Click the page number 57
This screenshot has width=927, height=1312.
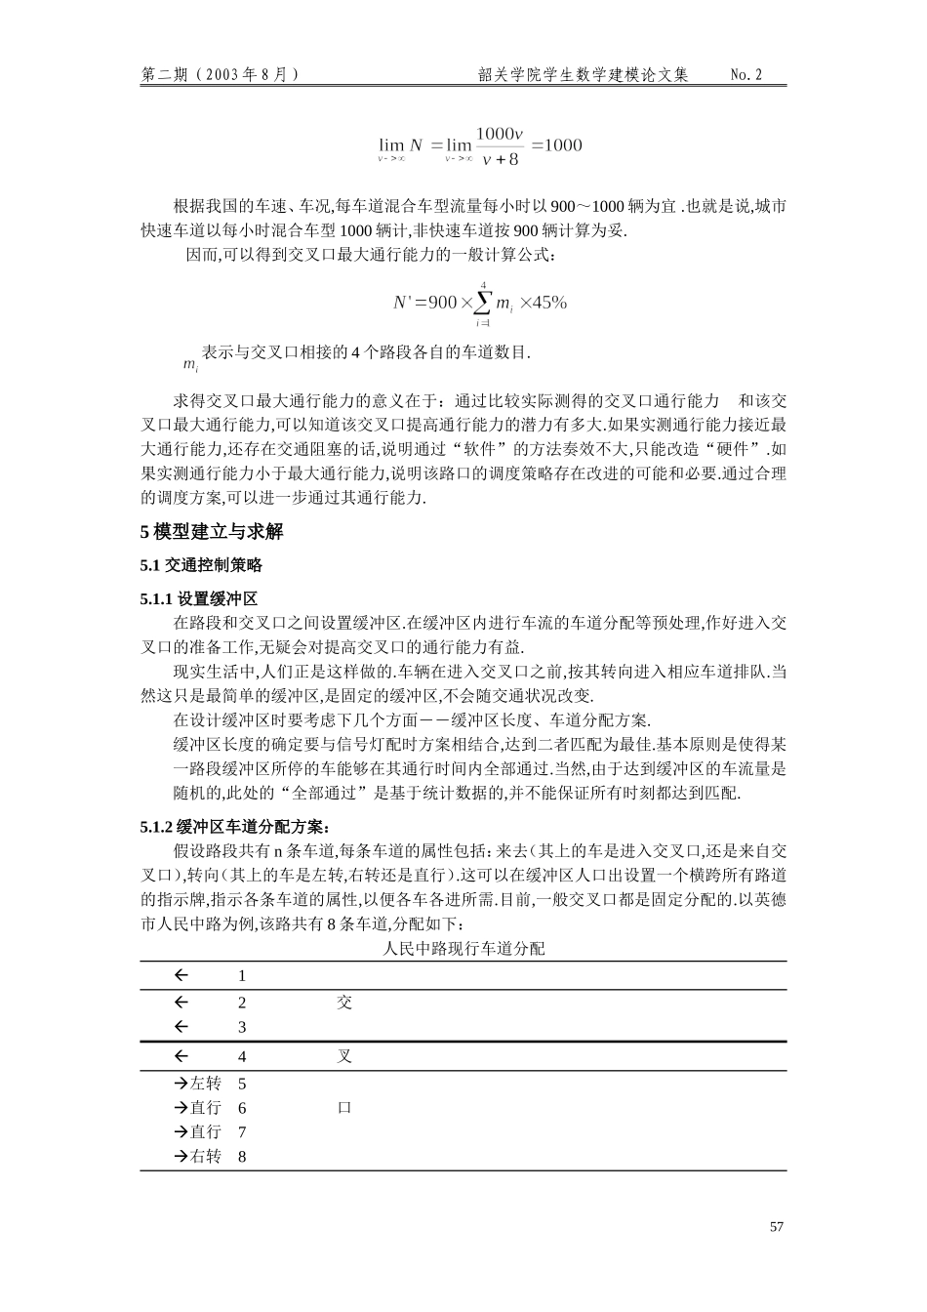tap(776, 1227)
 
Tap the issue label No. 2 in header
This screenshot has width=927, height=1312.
tap(746, 75)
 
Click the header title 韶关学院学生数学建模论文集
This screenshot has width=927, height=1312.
tap(584, 75)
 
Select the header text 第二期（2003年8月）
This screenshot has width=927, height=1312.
tap(221, 75)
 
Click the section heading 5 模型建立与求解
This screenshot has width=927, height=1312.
tap(212, 532)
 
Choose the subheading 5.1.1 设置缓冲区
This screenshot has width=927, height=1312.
tap(198, 598)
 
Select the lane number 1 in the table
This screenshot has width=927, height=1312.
tap(242, 976)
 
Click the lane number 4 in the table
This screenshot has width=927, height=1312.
tap(242, 1057)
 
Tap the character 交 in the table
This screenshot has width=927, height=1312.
tap(344, 1003)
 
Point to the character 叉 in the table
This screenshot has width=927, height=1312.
tap(344, 1057)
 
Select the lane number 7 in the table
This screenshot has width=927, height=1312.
tap(242, 1132)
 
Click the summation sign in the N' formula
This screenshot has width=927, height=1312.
tap(483, 303)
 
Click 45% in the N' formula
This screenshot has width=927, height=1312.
tap(548, 303)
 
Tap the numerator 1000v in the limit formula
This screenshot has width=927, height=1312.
tap(500, 133)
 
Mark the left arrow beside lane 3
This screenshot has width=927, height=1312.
tap(181, 1027)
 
